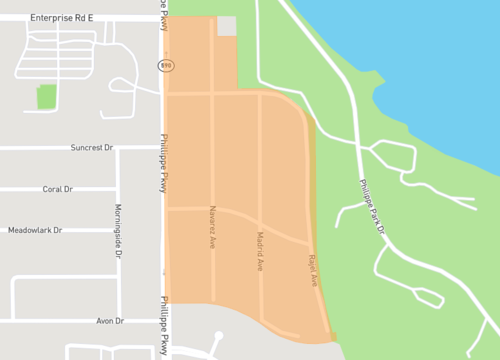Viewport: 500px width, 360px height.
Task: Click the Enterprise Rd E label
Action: tap(61, 18)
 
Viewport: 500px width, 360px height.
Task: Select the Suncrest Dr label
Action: tap(93, 147)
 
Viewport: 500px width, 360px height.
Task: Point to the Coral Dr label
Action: tap(58, 188)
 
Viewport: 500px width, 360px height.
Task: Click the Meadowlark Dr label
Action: tap(35, 230)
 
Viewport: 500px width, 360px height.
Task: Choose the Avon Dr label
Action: tap(109, 321)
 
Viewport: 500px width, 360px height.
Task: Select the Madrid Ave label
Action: tap(260, 251)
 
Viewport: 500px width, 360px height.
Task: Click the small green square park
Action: tap(46, 97)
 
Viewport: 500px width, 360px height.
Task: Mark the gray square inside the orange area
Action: tap(227, 26)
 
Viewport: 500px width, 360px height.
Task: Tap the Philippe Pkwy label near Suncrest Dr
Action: tap(164, 165)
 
